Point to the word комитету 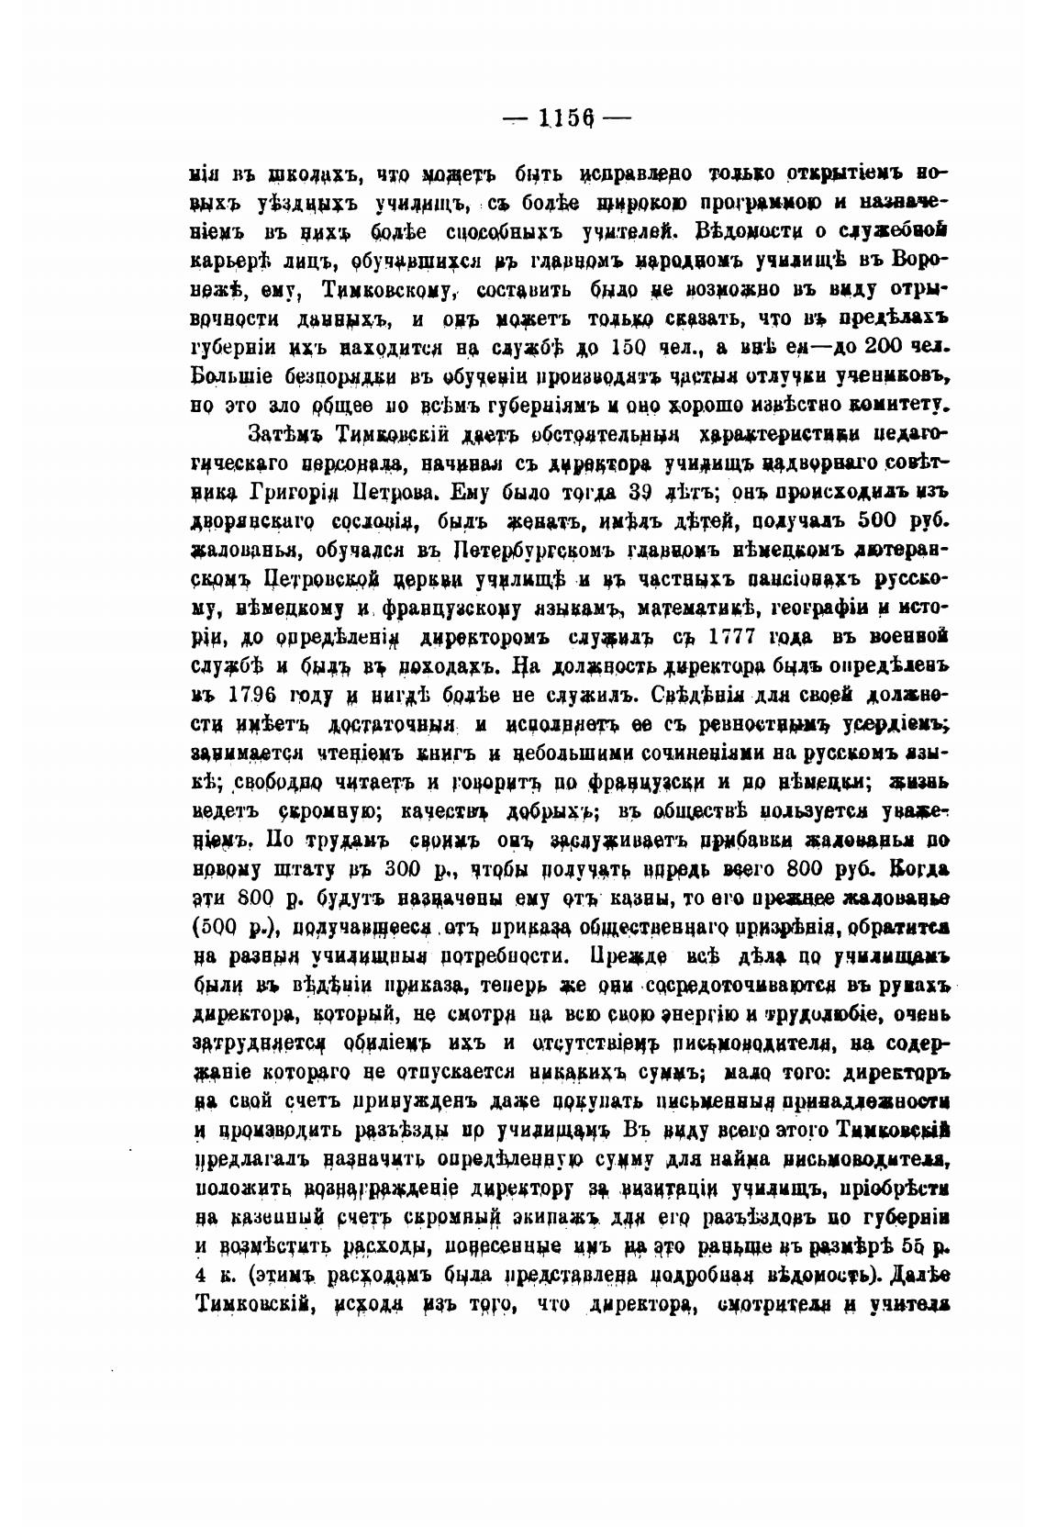[x=895, y=405]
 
